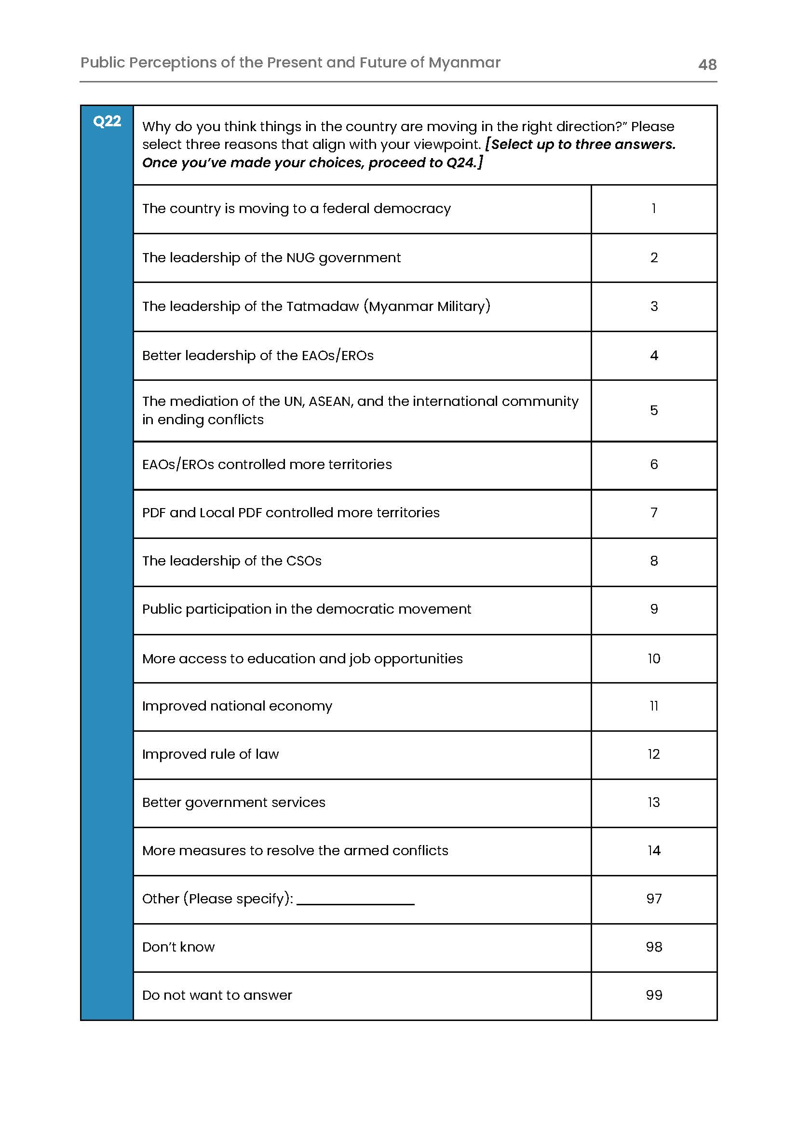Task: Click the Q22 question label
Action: [x=107, y=121]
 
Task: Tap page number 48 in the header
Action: [x=707, y=65]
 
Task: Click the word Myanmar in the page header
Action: [x=464, y=62]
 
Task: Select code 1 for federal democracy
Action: [x=653, y=209]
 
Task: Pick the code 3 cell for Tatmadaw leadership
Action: [x=653, y=306]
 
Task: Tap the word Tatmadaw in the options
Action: [x=323, y=306]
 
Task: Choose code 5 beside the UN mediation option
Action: [x=653, y=410]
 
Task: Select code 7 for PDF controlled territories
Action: [x=653, y=512]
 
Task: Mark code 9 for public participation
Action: [x=653, y=609]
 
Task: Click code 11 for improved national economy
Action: [x=653, y=706]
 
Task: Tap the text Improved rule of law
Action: [x=210, y=754]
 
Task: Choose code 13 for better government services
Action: [x=653, y=802]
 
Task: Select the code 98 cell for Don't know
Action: [x=653, y=947]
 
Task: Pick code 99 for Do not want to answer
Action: [x=653, y=995]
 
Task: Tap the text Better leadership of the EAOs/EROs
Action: [x=257, y=355]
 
